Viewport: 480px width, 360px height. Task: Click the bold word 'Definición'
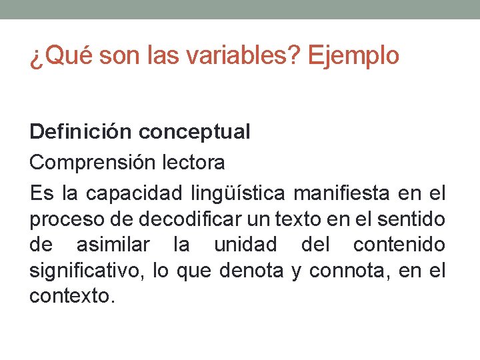[x=81, y=132]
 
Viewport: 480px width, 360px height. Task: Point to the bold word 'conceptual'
[x=195, y=132]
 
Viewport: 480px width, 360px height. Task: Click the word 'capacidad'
[x=134, y=193]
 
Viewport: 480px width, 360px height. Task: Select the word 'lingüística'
[x=237, y=193]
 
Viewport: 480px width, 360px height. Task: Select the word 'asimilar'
[x=113, y=245]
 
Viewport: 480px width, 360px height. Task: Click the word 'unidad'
[x=245, y=245]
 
